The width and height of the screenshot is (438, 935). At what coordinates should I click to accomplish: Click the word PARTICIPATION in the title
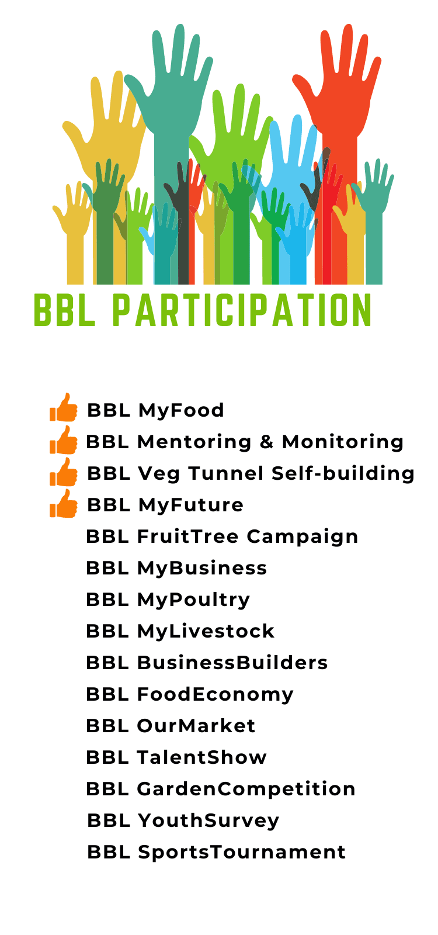[242, 310]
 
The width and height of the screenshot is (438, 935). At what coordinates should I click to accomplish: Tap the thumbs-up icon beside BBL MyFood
[64, 408]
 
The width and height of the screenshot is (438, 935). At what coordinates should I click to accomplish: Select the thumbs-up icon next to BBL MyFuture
[64, 504]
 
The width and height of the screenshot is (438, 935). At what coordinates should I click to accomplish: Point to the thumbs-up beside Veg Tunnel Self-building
[64, 472]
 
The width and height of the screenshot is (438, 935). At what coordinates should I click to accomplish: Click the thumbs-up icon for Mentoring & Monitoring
[64, 441]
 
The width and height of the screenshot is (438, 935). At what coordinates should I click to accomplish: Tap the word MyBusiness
[202, 569]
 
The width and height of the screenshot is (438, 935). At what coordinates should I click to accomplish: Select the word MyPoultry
[193, 600]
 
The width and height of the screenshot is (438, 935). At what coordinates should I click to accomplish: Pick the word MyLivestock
[206, 631]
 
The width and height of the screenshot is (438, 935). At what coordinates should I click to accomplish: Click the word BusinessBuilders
[232, 663]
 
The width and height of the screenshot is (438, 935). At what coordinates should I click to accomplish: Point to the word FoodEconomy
[215, 695]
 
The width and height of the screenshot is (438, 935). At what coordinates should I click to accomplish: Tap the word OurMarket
[196, 726]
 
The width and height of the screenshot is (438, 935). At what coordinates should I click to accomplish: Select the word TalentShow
[202, 757]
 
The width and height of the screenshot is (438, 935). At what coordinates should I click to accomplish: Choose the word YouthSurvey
[208, 821]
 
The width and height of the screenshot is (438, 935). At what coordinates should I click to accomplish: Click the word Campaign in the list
[303, 537]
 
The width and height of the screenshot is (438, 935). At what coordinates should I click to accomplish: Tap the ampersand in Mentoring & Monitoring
[266, 442]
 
